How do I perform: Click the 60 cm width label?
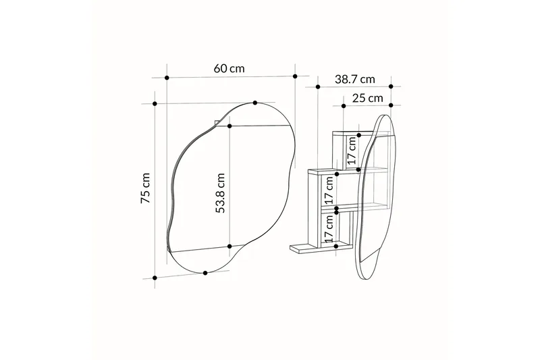click(229, 68)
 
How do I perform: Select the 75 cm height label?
click(146, 188)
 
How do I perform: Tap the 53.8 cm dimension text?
click(220, 193)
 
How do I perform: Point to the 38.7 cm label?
click(355, 80)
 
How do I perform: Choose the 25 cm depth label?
click(367, 98)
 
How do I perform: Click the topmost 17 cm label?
click(351, 151)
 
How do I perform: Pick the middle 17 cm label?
click(329, 190)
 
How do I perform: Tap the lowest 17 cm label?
click(329, 228)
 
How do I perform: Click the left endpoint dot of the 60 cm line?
click(167, 78)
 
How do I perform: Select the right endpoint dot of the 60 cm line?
click(295, 76)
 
